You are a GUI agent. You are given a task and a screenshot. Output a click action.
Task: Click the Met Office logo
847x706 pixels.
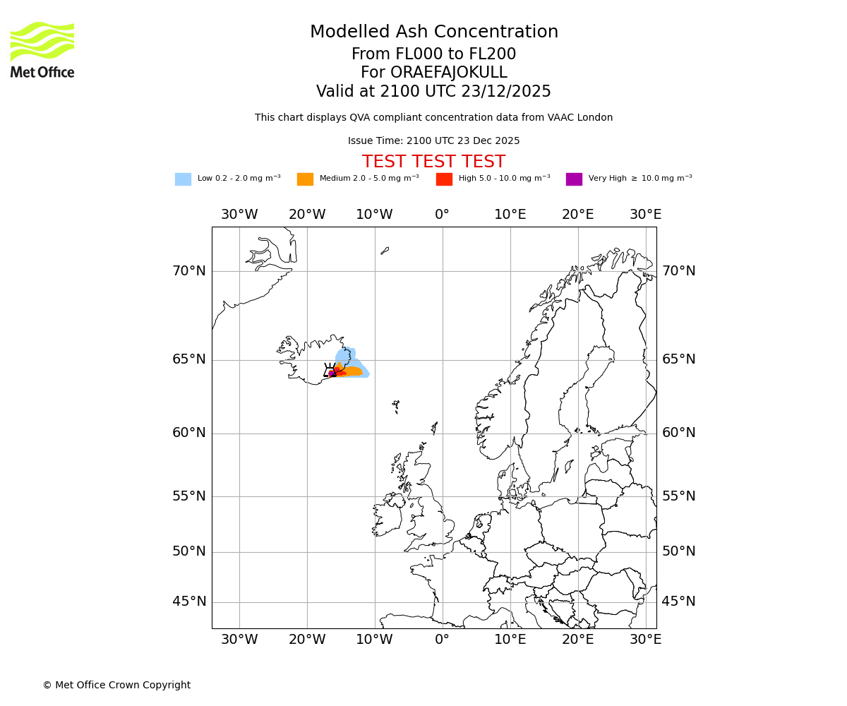click(x=42, y=49)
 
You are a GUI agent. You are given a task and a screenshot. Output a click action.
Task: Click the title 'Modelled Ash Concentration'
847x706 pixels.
click(x=434, y=32)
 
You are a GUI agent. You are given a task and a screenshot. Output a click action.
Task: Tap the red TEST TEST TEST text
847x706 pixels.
click(x=433, y=162)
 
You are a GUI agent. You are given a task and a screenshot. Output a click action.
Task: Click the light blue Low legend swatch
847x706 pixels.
click(x=183, y=179)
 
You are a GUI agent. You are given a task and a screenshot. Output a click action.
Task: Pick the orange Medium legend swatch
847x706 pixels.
click(x=305, y=179)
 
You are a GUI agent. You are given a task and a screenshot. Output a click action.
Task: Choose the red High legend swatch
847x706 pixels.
click(x=444, y=179)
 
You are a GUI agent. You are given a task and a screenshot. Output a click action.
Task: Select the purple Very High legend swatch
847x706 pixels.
click(x=574, y=179)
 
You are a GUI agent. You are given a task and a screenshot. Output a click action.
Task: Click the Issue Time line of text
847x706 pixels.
click(x=433, y=140)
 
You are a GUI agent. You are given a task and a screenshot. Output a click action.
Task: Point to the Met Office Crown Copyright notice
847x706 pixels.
click(x=116, y=685)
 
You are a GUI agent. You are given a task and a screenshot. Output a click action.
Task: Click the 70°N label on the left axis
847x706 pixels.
click(x=189, y=271)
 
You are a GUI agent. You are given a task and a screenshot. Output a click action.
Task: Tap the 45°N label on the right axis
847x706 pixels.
click(x=678, y=602)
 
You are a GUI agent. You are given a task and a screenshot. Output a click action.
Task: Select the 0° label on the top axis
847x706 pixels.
click(x=442, y=215)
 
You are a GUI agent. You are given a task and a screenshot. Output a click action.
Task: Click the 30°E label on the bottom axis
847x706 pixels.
click(x=645, y=640)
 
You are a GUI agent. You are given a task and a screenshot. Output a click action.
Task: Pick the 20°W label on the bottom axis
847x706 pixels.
click(x=306, y=640)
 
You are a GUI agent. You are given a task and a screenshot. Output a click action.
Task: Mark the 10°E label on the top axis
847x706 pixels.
click(x=510, y=215)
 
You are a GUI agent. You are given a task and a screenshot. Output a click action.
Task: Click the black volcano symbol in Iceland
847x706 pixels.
click(x=330, y=370)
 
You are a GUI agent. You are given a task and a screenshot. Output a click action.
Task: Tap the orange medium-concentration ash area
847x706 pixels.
click(x=352, y=371)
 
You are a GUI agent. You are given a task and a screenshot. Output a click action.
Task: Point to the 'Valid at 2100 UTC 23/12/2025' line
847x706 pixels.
click(x=433, y=92)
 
